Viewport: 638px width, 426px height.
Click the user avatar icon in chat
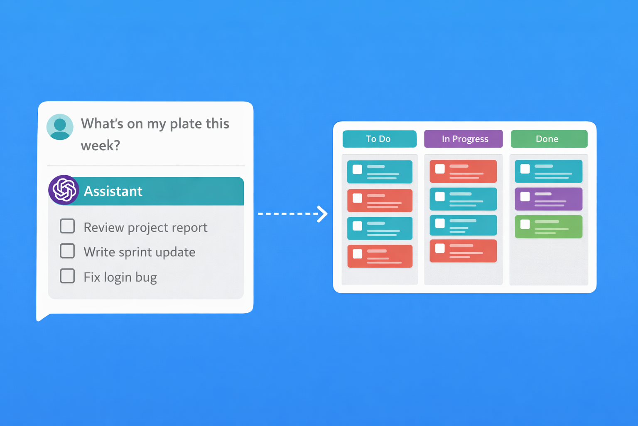60,127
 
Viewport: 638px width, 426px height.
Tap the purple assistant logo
64,190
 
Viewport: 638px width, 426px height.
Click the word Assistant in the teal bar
113,191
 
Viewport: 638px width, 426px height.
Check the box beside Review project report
67,226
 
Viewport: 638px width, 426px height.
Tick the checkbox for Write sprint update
67,251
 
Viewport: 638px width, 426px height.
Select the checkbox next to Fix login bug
67,276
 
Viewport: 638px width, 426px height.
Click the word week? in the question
100,146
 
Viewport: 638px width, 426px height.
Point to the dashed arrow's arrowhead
322,214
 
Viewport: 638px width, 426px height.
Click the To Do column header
379,139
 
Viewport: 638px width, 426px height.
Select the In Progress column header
464,139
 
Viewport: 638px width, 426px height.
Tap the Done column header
549,139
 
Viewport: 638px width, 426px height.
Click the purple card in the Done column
548,199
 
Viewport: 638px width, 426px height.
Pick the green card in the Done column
548,227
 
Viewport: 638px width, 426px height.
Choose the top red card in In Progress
463,171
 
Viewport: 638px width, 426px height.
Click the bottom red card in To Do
380,256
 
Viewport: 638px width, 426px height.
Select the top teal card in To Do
380,172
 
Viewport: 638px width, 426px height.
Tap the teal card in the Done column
548,171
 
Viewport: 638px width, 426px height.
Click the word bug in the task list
146,277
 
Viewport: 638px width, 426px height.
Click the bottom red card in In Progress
463,251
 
